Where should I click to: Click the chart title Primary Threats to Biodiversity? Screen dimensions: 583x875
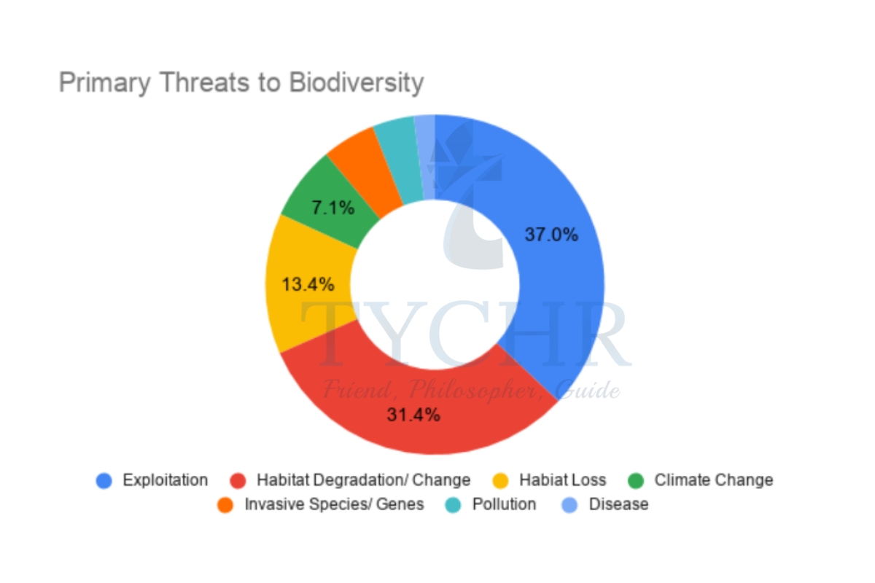(x=241, y=82)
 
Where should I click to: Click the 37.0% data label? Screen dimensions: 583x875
(x=551, y=235)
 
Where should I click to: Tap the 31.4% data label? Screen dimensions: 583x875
(x=413, y=415)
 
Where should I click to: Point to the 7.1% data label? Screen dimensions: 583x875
(x=333, y=208)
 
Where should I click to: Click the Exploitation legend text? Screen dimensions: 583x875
(x=165, y=480)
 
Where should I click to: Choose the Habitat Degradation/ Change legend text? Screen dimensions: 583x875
(x=363, y=480)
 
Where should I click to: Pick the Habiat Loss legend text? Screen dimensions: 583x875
(x=562, y=480)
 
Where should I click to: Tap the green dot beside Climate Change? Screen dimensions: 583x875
(x=636, y=481)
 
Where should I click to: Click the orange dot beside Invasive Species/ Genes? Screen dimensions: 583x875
(x=226, y=504)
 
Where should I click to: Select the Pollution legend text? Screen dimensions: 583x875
(x=504, y=504)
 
